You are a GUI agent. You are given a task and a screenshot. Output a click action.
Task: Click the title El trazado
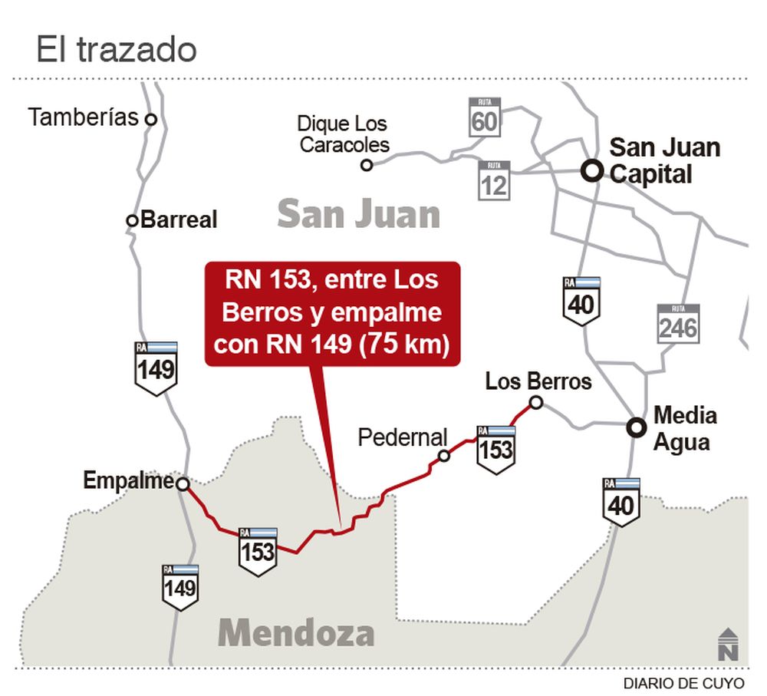(117, 50)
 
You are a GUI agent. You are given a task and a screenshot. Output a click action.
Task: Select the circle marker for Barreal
(132, 220)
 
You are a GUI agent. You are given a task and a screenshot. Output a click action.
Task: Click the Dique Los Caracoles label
(343, 134)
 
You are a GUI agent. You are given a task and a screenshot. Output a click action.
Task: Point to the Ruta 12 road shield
(494, 180)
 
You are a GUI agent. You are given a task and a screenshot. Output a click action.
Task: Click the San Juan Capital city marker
(591, 170)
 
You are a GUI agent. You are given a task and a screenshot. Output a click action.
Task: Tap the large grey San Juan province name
(358, 214)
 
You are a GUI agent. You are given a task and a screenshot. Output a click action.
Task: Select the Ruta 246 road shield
(678, 322)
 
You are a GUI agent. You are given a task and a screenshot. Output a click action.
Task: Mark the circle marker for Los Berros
(536, 402)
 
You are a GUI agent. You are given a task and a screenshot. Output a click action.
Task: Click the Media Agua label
(684, 429)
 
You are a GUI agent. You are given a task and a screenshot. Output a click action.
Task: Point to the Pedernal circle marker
(443, 457)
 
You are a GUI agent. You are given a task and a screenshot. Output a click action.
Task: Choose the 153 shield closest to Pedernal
(495, 447)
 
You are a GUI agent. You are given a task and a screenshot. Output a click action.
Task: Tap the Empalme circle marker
(183, 483)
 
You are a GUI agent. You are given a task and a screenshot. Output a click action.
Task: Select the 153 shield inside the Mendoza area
(257, 550)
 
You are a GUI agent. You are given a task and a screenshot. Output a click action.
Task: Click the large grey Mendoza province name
(297, 633)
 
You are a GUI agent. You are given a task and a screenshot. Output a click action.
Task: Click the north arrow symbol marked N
(729, 644)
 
